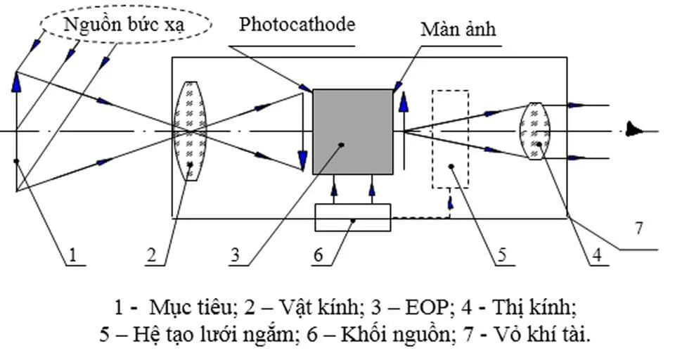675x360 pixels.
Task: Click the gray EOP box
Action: (x=353, y=131)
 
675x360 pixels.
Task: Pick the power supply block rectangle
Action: (x=352, y=217)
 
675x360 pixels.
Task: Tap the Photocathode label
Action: (x=297, y=25)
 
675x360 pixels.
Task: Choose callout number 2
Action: (x=151, y=255)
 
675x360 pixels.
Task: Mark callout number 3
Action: (x=237, y=255)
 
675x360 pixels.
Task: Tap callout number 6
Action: (x=319, y=255)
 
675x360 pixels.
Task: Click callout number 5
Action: (x=501, y=255)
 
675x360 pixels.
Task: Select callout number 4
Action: (x=596, y=255)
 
